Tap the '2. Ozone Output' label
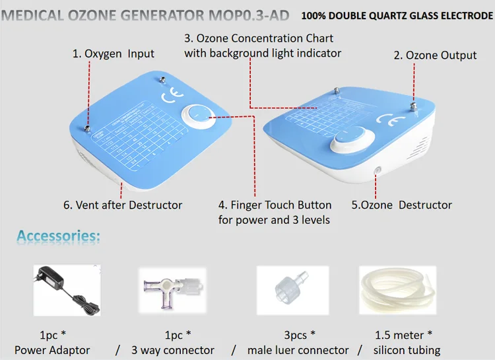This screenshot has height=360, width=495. pyautogui.click(x=435, y=55)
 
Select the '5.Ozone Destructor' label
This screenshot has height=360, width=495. pyautogui.click(x=401, y=205)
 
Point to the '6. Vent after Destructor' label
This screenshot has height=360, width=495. pyautogui.click(x=123, y=205)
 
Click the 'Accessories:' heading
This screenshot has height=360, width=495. pyautogui.click(x=59, y=236)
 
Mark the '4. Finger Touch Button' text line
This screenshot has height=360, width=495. pyautogui.click(x=275, y=205)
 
